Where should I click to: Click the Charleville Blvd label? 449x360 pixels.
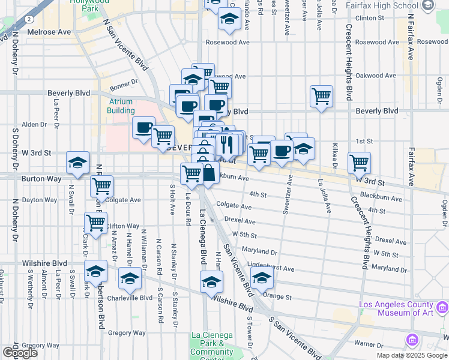point(130,298)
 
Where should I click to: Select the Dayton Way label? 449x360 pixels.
point(39,200)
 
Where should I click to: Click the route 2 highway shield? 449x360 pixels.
point(28,19)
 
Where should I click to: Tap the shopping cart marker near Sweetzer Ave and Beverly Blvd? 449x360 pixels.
point(322,95)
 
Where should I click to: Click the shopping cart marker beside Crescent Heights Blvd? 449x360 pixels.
point(359,161)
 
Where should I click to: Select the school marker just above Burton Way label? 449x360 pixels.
point(77,163)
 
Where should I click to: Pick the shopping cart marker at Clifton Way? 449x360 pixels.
point(95,223)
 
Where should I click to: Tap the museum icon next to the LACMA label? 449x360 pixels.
point(412,340)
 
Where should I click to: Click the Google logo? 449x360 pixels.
point(19,352)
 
